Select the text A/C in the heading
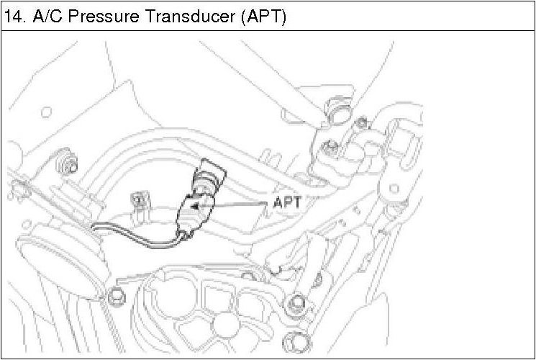pos(47,16)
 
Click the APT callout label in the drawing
pos(291,204)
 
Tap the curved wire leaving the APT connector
pos(137,237)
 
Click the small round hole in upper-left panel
pos(46,111)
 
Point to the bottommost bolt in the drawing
pos(290,341)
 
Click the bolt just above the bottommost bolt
pos(294,306)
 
